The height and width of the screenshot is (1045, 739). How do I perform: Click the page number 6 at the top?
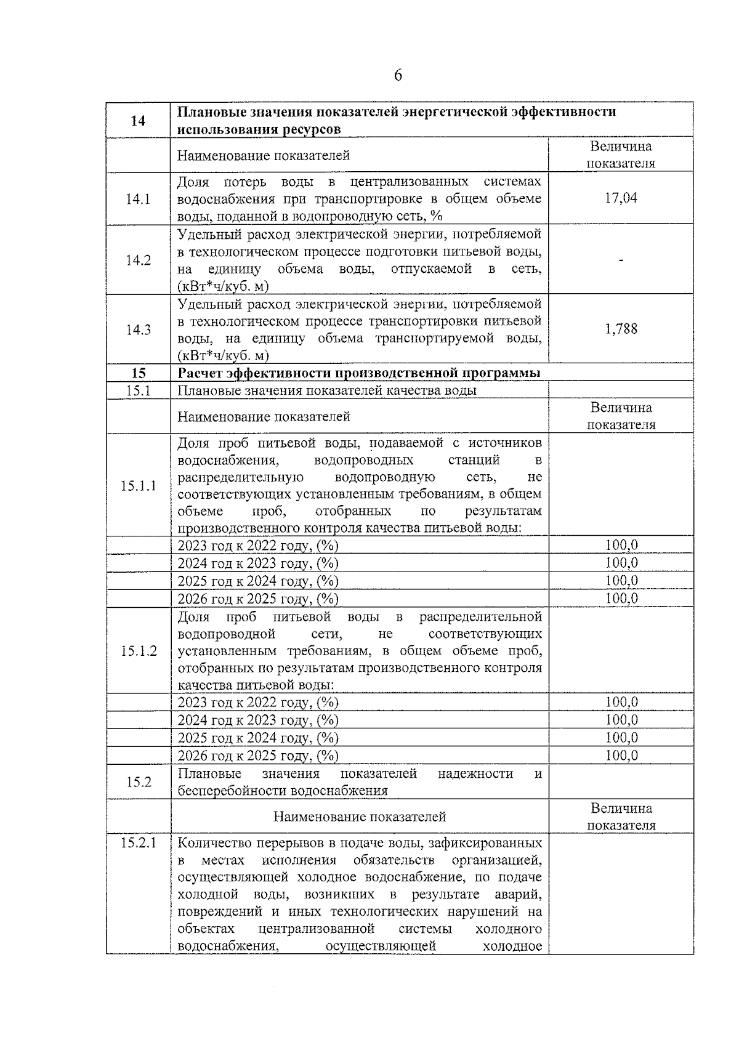point(397,75)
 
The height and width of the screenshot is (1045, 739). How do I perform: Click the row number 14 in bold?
point(138,121)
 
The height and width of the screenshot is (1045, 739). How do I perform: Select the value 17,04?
point(621,198)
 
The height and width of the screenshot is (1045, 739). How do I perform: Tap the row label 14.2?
point(138,260)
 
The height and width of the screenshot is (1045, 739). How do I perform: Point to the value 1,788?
point(621,329)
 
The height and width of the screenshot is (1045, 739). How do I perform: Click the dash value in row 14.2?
point(621,260)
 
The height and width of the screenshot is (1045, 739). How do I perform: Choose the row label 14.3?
point(138,329)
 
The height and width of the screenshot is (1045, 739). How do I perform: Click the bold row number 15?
point(138,373)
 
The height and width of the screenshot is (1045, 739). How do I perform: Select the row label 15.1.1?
point(138,485)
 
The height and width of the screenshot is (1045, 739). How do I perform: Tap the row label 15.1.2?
point(138,651)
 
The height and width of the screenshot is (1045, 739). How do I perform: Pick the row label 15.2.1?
point(138,842)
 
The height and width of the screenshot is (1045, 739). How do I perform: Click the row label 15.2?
point(138,782)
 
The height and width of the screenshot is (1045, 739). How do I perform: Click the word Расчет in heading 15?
point(200,373)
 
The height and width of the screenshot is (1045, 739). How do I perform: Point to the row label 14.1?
point(138,199)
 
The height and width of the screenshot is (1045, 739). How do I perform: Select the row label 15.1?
point(138,390)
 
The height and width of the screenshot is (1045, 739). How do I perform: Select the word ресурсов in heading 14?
point(312,130)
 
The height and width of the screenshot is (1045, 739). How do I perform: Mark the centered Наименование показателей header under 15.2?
point(360,817)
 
